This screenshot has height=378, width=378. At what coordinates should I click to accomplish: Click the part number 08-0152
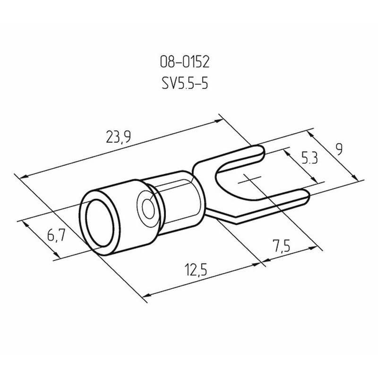coord(185,62)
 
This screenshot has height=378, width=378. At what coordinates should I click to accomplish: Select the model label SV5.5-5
coord(185,84)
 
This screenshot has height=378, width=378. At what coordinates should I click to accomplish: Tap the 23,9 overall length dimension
coord(119,137)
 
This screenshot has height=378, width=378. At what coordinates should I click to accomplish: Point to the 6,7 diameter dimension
coord(56,235)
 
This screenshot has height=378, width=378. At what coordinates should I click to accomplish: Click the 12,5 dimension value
coord(196,269)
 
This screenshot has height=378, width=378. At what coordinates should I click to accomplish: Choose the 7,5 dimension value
coord(281,245)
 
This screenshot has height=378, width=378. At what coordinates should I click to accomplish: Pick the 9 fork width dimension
coord(339,149)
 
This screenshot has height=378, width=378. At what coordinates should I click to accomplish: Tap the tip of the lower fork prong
coord(309,196)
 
